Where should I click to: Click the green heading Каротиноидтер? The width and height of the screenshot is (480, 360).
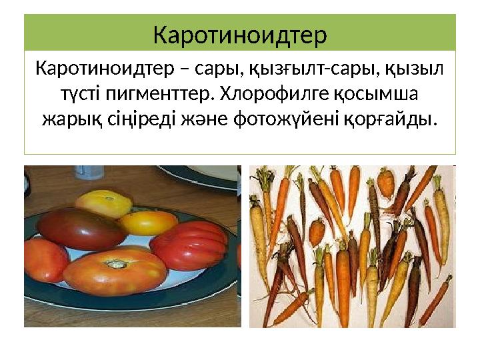click(x=240, y=35)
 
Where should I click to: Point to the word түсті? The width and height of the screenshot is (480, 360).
click(x=72, y=94)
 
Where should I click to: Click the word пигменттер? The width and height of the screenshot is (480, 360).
click(x=159, y=94)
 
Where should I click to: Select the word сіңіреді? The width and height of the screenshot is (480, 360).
click(x=141, y=120)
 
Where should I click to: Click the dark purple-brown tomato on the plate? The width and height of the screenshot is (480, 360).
click(x=81, y=227)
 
